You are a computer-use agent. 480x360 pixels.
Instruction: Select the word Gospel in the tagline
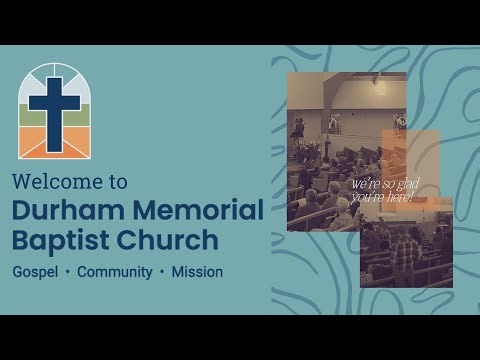34,272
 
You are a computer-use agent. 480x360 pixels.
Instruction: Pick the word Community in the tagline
114,272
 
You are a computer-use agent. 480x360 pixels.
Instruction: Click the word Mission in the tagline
197,272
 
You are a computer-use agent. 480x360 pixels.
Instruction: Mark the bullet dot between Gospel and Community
67,272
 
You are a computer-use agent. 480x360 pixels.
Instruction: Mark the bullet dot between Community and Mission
161,272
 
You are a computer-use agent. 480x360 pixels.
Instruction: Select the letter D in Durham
22,210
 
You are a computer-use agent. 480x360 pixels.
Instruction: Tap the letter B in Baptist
21,241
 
